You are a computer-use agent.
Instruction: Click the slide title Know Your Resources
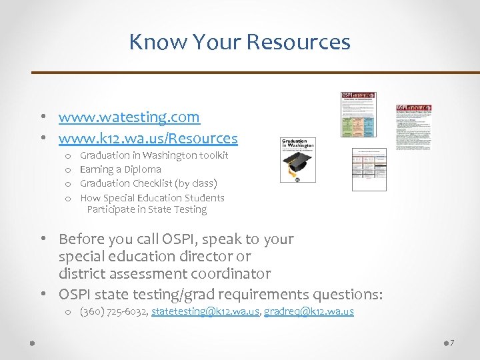[239, 42]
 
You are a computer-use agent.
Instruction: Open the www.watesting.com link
[129, 117]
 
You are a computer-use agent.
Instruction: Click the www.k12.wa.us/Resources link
[147, 138]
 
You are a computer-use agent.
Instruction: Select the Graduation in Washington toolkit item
[154, 155]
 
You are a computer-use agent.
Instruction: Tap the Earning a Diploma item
[121, 169]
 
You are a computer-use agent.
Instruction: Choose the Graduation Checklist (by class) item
[149, 183]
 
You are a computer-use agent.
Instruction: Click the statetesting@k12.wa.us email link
[205, 311]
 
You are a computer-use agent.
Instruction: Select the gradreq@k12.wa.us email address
[309, 311]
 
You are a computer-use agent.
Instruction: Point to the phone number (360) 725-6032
[113, 311]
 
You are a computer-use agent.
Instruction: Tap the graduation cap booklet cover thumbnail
[297, 160]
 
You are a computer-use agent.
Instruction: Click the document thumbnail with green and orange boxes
[359, 115]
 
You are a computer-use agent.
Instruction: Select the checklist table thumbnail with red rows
[369, 169]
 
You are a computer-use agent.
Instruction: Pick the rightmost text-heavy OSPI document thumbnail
[413, 127]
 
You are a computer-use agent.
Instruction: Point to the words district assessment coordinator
[165, 273]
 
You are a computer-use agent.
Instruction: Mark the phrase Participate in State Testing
[147, 209]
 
